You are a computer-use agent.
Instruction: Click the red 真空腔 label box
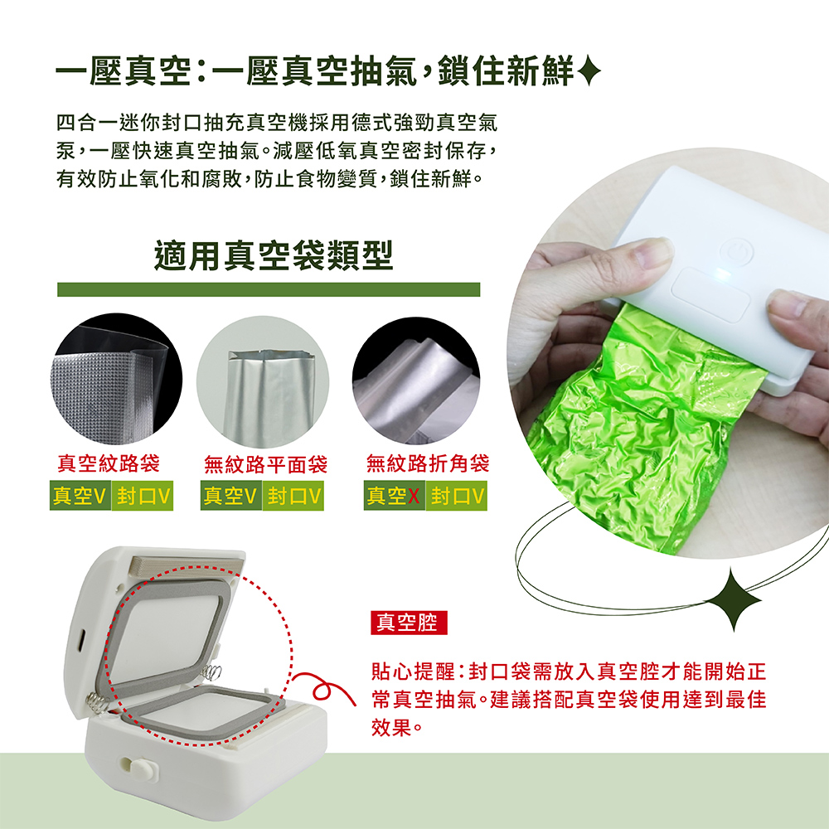(409, 623)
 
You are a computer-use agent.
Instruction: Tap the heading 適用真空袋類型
(274, 255)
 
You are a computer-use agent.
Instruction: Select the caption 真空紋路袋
(109, 463)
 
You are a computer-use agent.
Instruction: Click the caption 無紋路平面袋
(265, 464)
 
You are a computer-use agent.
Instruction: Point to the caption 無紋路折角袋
(427, 463)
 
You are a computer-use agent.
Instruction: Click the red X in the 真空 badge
(414, 496)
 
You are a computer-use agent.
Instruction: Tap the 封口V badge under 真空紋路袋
(143, 496)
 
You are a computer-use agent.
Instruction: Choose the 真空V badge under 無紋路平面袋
(231, 496)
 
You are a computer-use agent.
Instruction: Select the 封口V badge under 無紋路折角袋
(457, 496)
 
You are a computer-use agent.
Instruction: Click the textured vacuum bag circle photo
(116, 379)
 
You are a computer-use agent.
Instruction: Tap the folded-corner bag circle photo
(416, 381)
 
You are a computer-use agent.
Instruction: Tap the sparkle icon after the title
(589, 71)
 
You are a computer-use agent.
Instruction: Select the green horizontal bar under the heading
(269, 289)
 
